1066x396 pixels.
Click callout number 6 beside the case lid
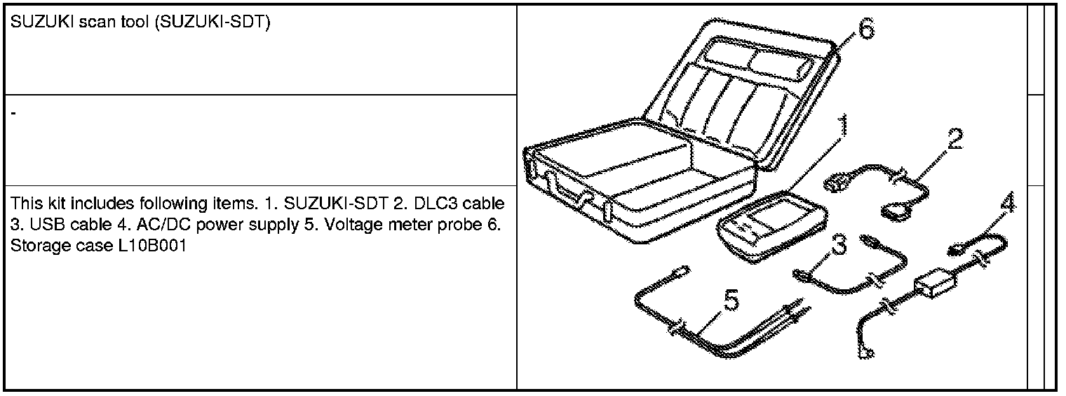(x=865, y=30)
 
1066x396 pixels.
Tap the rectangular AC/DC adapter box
(x=935, y=285)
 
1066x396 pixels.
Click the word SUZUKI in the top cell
(x=36, y=23)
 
